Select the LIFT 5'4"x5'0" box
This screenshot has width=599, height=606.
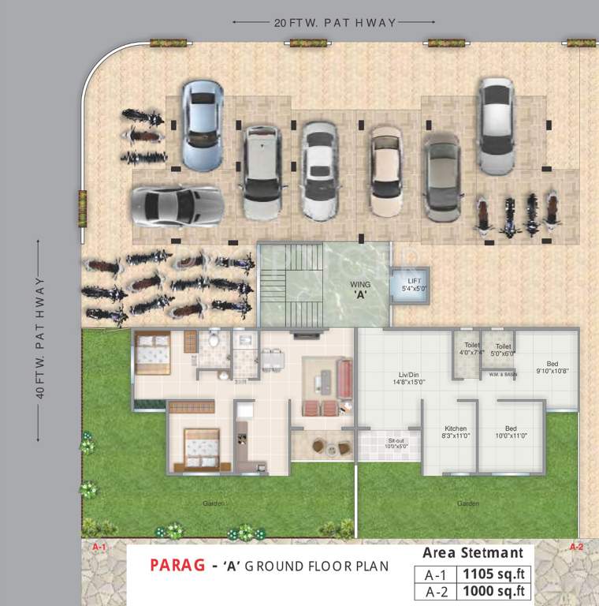(x=415, y=284)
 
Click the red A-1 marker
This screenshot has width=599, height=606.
(x=99, y=547)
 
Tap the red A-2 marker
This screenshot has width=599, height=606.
(x=576, y=547)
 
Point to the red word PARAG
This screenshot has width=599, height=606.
(x=175, y=566)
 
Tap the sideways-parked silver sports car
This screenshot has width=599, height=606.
(x=177, y=207)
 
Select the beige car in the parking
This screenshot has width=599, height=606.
(x=386, y=171)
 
